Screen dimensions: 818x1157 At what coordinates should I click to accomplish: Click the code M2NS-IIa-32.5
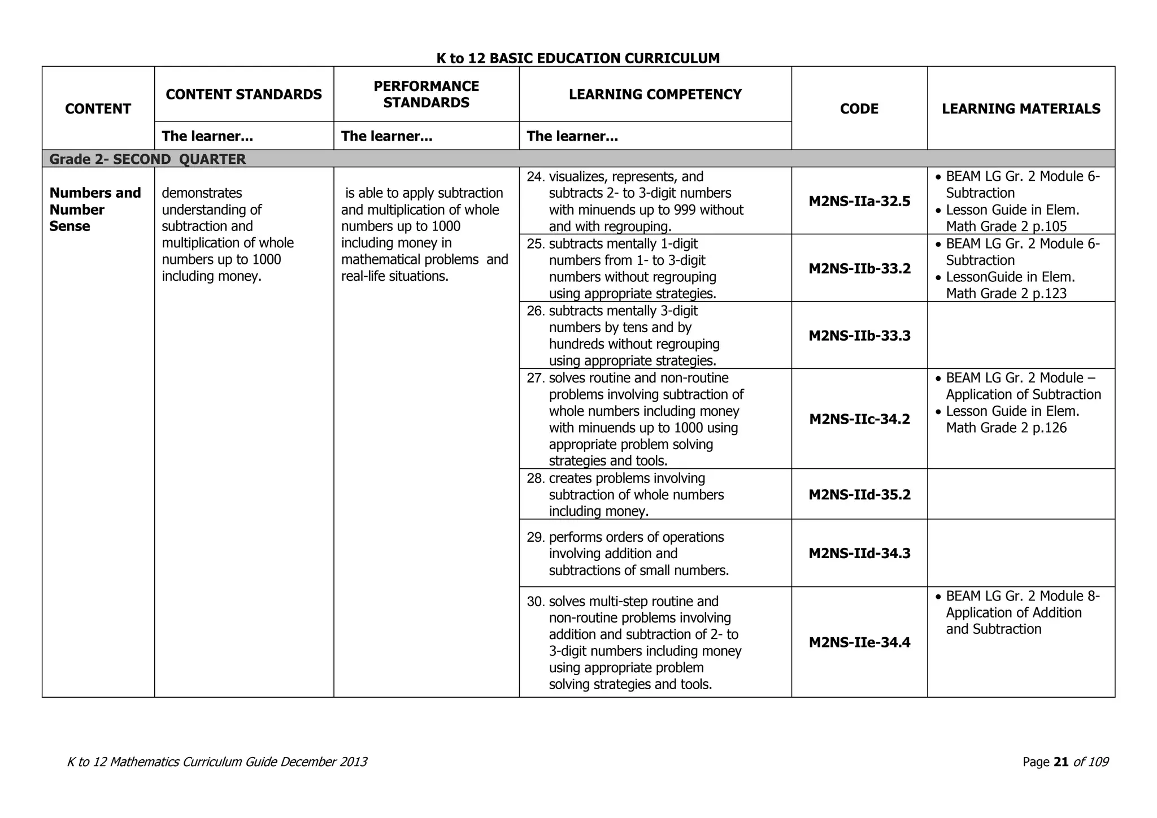(859, 202)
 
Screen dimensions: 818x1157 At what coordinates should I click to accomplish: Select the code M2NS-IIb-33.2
(859, 269)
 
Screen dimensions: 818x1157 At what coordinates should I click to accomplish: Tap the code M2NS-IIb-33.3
(859, 336)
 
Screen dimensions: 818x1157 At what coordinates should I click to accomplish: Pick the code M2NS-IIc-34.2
(859, 419)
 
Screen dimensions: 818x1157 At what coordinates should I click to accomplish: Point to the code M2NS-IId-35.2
(859, 495)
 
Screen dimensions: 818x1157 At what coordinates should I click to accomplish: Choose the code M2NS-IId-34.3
(859, 554)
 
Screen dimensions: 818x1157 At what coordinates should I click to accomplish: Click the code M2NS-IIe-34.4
(859, 643)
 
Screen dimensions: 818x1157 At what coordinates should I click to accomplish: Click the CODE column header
(859, 109)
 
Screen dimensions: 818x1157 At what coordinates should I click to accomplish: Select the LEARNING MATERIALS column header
(1021, 109)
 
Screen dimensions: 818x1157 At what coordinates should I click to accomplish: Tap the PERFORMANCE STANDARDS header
(426, 94)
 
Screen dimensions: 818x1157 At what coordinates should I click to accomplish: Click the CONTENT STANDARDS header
(243, 94)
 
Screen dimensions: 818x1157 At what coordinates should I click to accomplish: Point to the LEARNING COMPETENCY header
(655, 94)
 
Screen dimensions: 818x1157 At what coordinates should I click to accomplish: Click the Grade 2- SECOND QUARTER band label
(147, 159)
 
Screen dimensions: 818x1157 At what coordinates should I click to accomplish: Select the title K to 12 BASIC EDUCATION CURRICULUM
(578, 58)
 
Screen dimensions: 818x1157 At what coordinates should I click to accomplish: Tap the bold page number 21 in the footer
(1061, 762)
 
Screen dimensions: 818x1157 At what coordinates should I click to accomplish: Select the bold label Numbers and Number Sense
(95, 210)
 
